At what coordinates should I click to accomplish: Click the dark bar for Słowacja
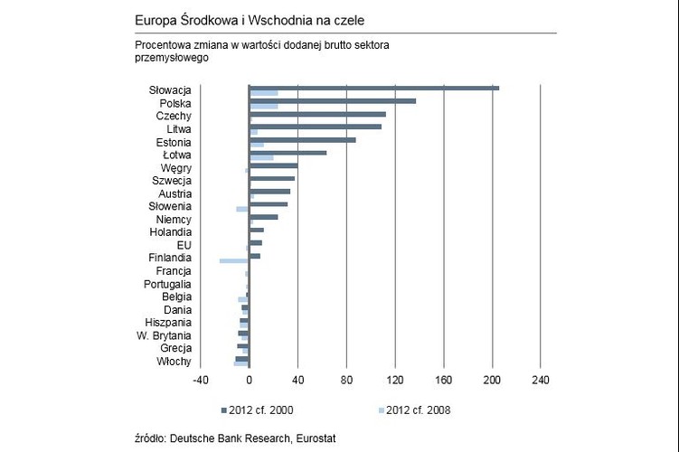coord(373,88)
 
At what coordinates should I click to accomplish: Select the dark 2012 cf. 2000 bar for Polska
coord(332,100)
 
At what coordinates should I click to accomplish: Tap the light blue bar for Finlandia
coord(233,260)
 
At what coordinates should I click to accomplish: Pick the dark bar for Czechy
coord(316,114)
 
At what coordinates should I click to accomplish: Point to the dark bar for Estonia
coord(302,139)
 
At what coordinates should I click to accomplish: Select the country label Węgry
coord(175,168)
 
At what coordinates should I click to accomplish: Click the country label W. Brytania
coord(164,335)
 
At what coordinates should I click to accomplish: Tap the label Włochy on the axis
coord(174,362)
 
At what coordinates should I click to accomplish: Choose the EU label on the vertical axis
coord(184,245)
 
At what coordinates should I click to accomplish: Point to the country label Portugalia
coord(167,284)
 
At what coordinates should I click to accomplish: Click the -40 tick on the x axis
coord(200,380)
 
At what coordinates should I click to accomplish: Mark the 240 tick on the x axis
coord(540,380)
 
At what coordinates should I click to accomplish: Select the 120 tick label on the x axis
coord(394,380)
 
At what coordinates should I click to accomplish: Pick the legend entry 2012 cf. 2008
coord(418,410)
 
